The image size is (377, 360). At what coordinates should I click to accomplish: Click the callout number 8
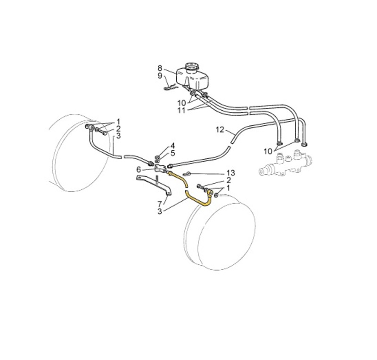[160, 68]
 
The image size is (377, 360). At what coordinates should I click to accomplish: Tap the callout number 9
[160, 76]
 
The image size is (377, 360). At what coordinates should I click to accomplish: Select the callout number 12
[220, 130]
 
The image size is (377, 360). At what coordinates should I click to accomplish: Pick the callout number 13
[231, 173]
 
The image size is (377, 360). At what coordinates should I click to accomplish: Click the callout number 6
[139, 170]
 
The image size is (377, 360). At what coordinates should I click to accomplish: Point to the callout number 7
[160, 205]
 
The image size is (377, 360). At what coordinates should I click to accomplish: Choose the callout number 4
[172, 146]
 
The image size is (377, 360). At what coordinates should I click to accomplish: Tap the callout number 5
[172, 153]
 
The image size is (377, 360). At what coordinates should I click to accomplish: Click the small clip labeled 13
[187, 173]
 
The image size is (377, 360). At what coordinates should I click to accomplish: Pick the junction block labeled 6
[160, 168]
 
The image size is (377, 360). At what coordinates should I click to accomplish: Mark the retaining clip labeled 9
[171, 88]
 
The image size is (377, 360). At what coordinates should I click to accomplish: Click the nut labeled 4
[157, 157]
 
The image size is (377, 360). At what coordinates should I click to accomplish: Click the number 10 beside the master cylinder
[268, 152]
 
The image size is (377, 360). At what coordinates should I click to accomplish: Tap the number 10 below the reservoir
[182, 103]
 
